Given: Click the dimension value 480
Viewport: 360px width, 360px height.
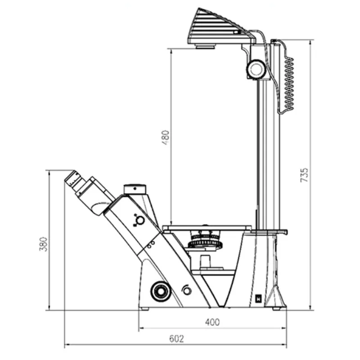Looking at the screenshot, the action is tap(166, 138).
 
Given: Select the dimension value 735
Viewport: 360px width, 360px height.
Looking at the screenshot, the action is tap(304, 175).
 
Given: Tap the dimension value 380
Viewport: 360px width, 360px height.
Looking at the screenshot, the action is tap(43, 244).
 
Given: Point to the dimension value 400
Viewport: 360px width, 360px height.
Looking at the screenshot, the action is tap(212, 322).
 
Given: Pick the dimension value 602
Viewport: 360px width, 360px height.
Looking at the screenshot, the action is tap(176, 339).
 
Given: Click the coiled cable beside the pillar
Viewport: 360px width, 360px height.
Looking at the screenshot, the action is tap(289, 84).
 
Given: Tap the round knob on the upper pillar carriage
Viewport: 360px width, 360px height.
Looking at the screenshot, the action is tap(256, 69).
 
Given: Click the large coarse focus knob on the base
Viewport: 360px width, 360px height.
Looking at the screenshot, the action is tap(161, 291).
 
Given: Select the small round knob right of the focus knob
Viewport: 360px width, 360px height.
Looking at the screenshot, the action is tap(187, 291).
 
